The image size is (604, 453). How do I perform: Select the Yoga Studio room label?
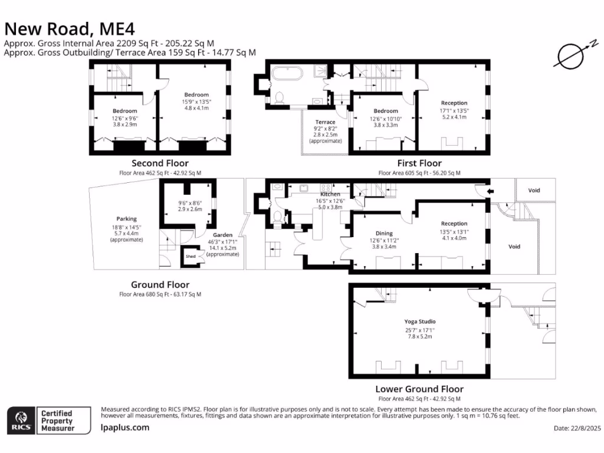pyautogui.click(x=419, y=321)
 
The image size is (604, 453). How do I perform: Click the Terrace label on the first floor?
pyautogui.click(x=325, y=122)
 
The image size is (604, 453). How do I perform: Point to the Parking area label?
pyautogui.click(x=126, y=219)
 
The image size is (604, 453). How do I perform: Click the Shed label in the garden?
pyautogui.click(x=191, y=257)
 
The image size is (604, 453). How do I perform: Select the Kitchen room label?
pyautogui.click(x=330, y=194)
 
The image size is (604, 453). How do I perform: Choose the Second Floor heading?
pyautogui.click(x=160, y=163)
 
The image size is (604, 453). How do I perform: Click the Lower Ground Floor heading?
pyautogui.click(x=419, y=389)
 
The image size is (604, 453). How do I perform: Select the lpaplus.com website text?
pyautogui.click(x=125, y=428)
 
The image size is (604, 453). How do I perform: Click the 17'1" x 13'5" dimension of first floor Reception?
pyautogui.click(x=454, y=110)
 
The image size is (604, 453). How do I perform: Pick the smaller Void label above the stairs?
pyautogui.click(x=534, y=191)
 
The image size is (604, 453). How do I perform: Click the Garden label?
pyautogui.click(x=223, y=235)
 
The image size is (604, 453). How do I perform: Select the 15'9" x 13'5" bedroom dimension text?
pyautogui.click(x=196, y=101)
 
